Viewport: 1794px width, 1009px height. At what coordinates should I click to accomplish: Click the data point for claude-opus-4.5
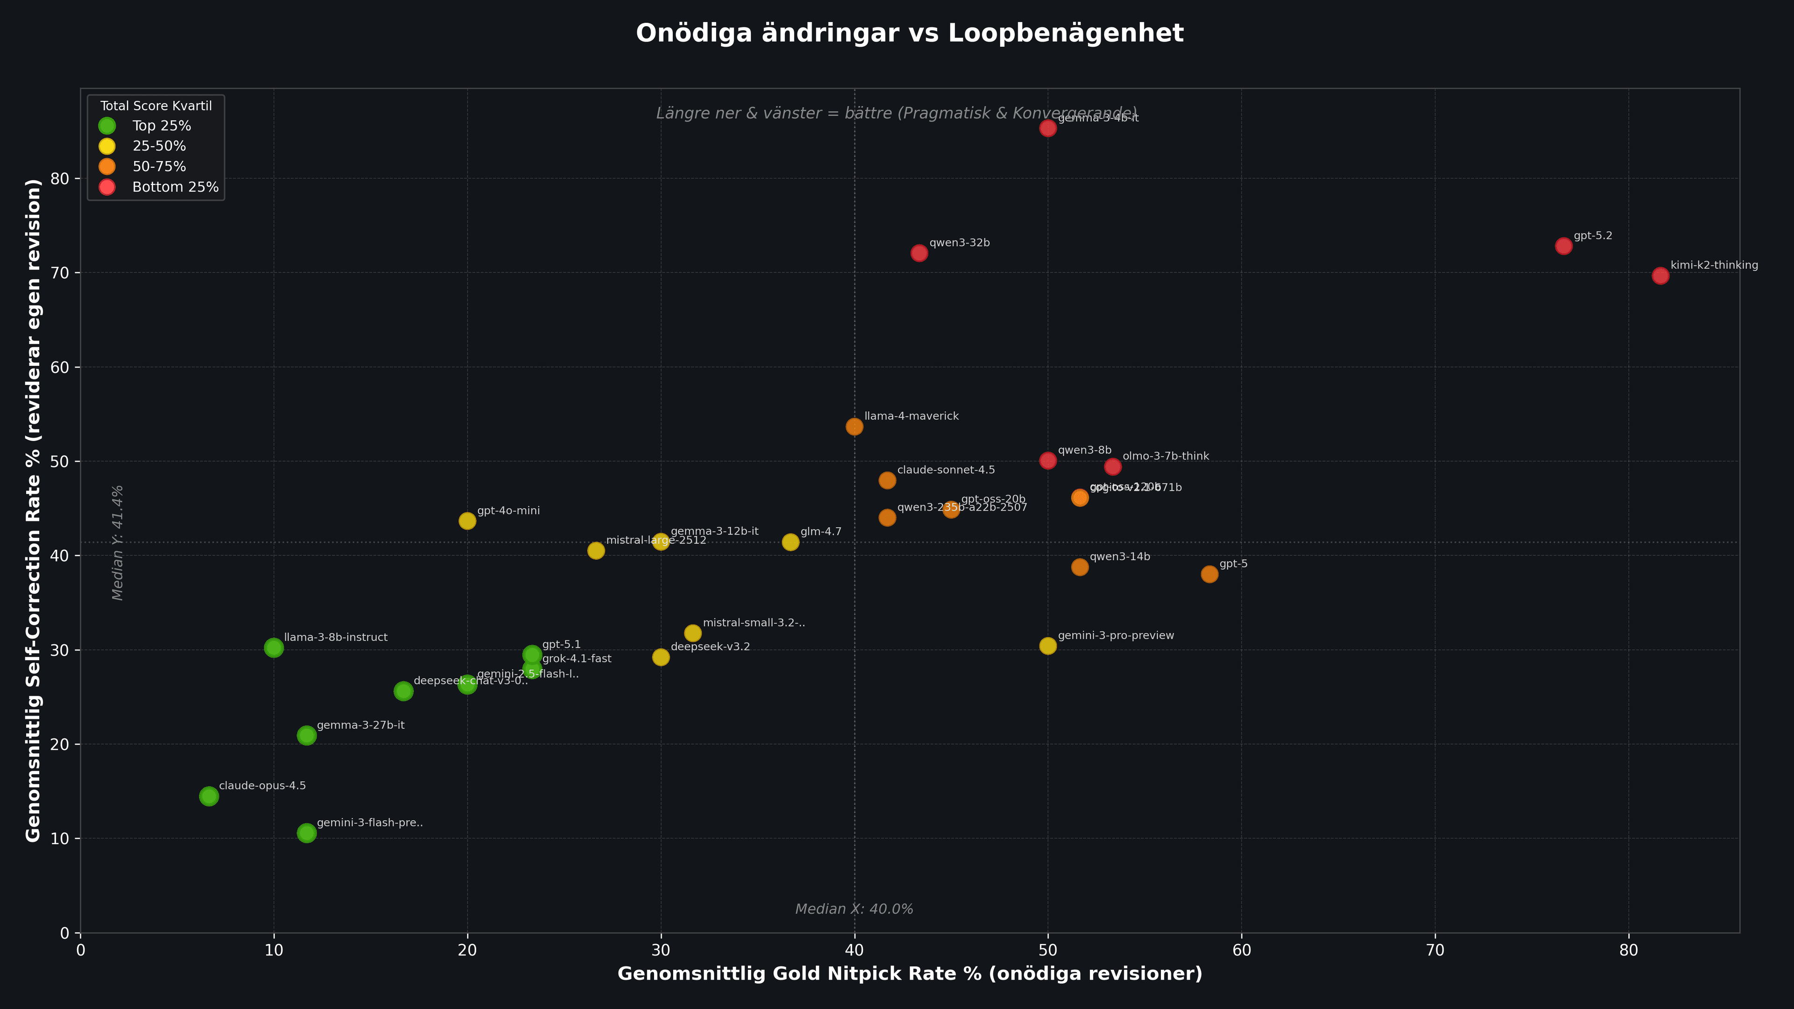[x=209, y=796]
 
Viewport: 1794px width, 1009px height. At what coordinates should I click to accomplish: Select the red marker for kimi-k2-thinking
[x=1660, y=276]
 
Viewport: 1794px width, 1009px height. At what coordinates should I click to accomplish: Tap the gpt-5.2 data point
[x=1564, y=246]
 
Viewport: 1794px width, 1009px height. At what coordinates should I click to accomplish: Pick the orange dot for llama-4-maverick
[x=854, y=426]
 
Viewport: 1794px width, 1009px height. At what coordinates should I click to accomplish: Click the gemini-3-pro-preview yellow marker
[x=1048, y=646]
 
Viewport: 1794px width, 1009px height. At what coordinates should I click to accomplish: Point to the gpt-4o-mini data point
[x=467, y=521]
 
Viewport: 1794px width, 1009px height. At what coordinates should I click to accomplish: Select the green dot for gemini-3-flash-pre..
[x=306, y=833]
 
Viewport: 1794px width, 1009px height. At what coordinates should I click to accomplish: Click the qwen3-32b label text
[x=959, y=243]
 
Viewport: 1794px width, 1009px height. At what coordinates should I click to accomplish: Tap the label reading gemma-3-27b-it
[x=360, y=725]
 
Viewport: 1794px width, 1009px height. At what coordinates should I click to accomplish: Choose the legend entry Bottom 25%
[x=175, y=187]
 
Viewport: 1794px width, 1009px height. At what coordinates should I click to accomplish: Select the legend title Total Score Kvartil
[x=156, y=106]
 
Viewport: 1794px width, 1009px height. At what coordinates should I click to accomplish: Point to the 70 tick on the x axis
[x=1435, y=950]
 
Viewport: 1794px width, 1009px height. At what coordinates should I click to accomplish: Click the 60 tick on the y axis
[x=61, y=367]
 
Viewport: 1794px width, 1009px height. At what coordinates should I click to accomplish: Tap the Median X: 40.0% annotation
[x=854, y=909]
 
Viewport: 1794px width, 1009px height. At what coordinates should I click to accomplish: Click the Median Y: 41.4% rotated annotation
[x=118, y=542]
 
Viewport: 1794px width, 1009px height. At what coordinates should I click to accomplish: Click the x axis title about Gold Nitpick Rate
[x=910, y=973]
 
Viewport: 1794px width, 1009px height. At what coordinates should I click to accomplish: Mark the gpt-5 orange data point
[x=1210, y=574]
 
